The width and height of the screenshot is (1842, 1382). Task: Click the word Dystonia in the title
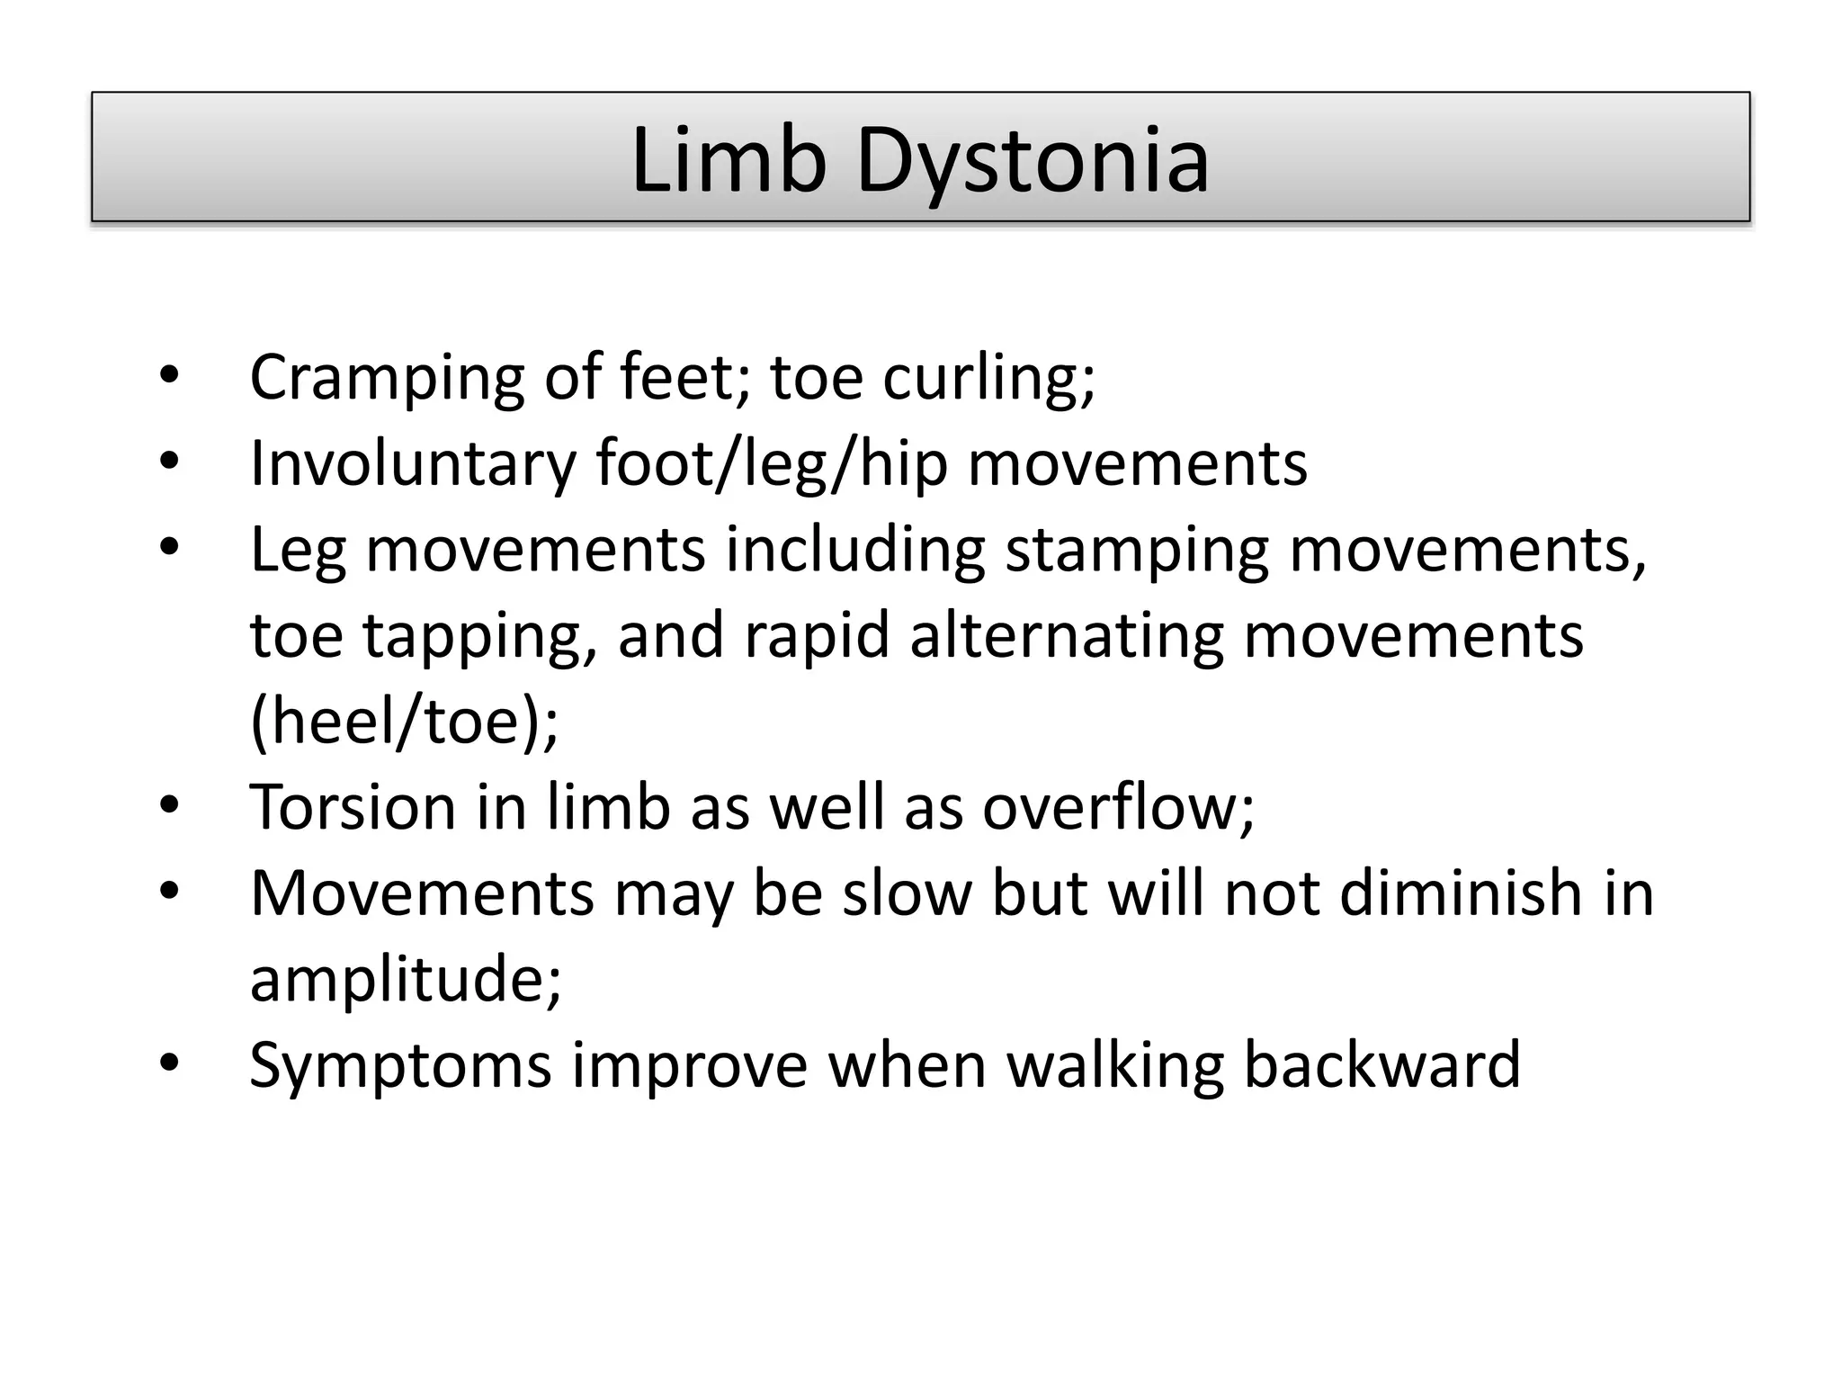(1033, 162)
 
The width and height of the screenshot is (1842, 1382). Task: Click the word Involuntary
(413, 464)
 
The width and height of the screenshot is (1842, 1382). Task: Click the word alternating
(1067, 635)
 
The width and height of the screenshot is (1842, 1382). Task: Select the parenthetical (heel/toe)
(404, 722)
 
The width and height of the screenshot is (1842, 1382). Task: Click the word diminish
(1461, 893)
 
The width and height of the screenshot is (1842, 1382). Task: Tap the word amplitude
(406, 979)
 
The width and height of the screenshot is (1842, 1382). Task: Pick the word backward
(1381, 1065)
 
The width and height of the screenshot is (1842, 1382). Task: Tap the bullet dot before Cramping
(169, 376)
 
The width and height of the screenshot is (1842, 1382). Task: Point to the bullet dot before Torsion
(169, 805)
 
